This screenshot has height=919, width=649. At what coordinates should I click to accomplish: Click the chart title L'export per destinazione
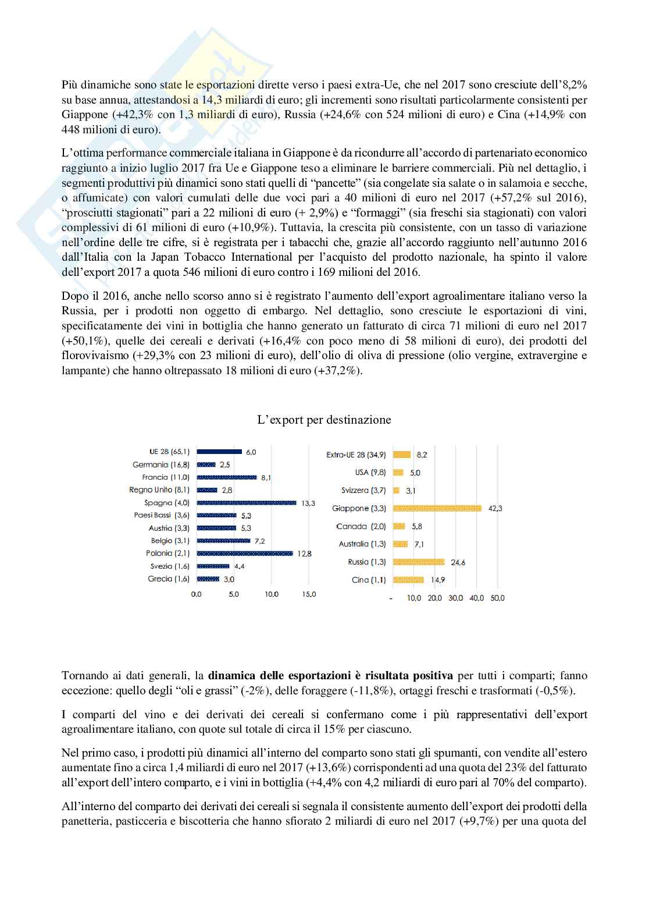[x=324, y=420]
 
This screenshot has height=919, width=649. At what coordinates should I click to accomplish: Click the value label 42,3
[x=495, y=508]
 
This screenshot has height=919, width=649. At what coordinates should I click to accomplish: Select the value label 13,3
[x=308, y=503]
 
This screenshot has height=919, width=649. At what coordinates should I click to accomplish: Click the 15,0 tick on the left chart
[x=309, y=594]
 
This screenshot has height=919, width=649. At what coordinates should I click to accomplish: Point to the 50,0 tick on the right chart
[x=497, y=598]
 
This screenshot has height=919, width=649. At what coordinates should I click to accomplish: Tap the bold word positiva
[x=433, y=676]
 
